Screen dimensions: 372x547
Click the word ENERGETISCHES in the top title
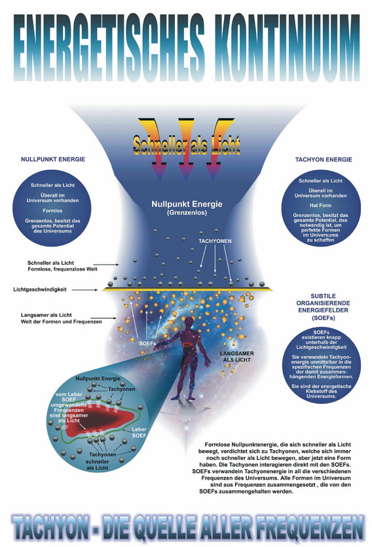(x=109, y=48)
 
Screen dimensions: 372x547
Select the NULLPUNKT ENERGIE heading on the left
(x=53, y=159)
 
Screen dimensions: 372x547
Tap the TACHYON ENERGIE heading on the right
(x=324, y=159)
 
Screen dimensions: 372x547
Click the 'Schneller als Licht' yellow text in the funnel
(x=187, y=145)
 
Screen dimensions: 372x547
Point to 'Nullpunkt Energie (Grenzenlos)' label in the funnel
(x=187, y=208)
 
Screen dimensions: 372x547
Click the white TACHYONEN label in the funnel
(x=215, y=241)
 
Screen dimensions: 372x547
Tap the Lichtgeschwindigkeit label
(x=40, y=290)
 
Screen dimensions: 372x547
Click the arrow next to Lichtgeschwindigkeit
(x=85, y=290)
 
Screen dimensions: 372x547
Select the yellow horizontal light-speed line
(x=187, y=290)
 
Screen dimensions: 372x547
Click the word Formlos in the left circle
(x=52, y=210)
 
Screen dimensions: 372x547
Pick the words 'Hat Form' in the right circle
(x=320, y=205)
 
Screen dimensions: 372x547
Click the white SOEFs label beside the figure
(x=147, y=343)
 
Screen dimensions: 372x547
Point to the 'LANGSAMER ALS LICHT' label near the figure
(x=236, y=357)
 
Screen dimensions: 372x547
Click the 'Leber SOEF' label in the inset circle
(x=139, y=433)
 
